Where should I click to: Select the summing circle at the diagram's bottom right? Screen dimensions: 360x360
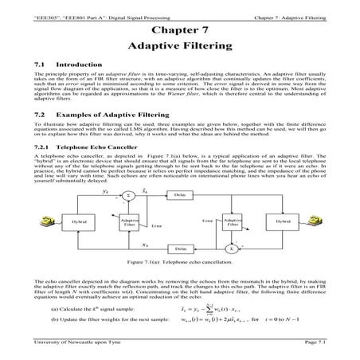coord(232,248)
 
